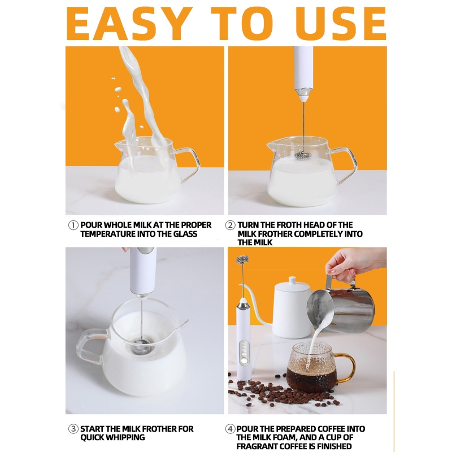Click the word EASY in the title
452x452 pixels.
[129, 23]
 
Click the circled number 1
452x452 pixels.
[73, 225]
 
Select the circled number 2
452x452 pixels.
[230, 225]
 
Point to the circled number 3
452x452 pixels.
[73, 429]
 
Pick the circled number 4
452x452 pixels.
[230, 429]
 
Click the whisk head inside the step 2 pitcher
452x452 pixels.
[303, 156]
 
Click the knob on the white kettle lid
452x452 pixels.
[292, 280]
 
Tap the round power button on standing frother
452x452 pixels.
[245, 360]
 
